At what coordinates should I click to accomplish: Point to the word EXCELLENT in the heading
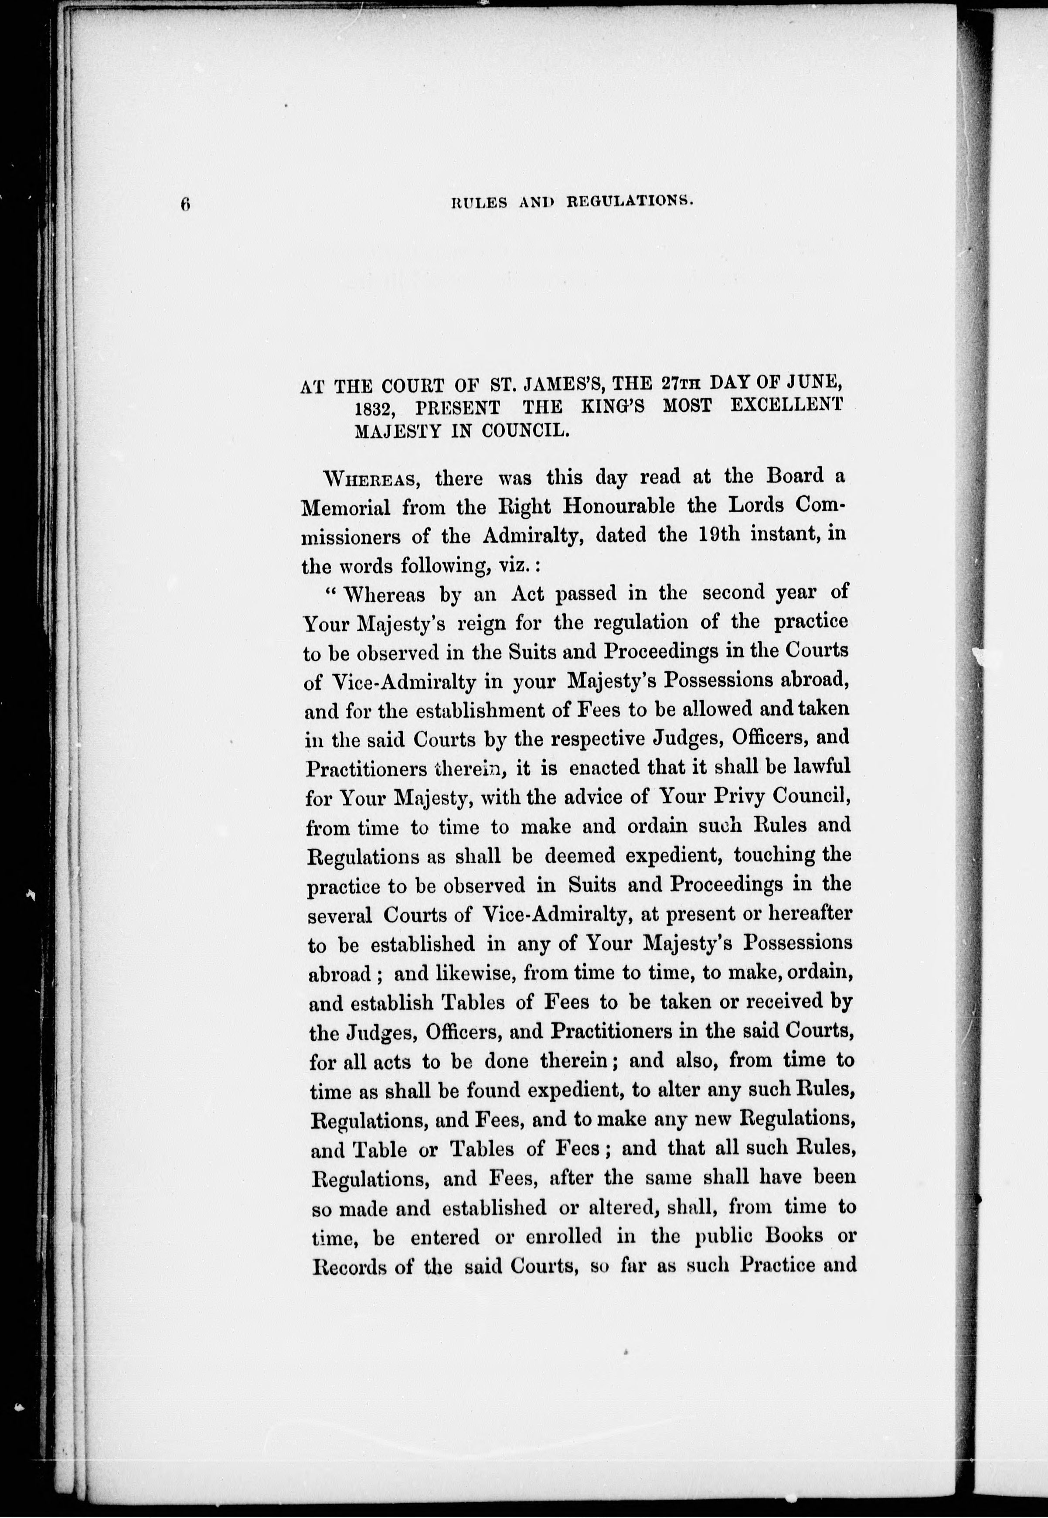786,405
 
